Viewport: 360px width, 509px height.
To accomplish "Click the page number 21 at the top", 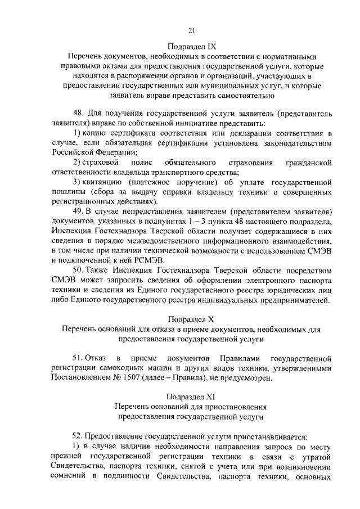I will click(191, 30).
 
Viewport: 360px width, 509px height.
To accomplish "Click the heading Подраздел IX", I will click(191, 46).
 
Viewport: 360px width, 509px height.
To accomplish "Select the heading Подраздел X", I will click(191, 319).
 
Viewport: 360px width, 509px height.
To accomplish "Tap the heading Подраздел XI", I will click(191, 395).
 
